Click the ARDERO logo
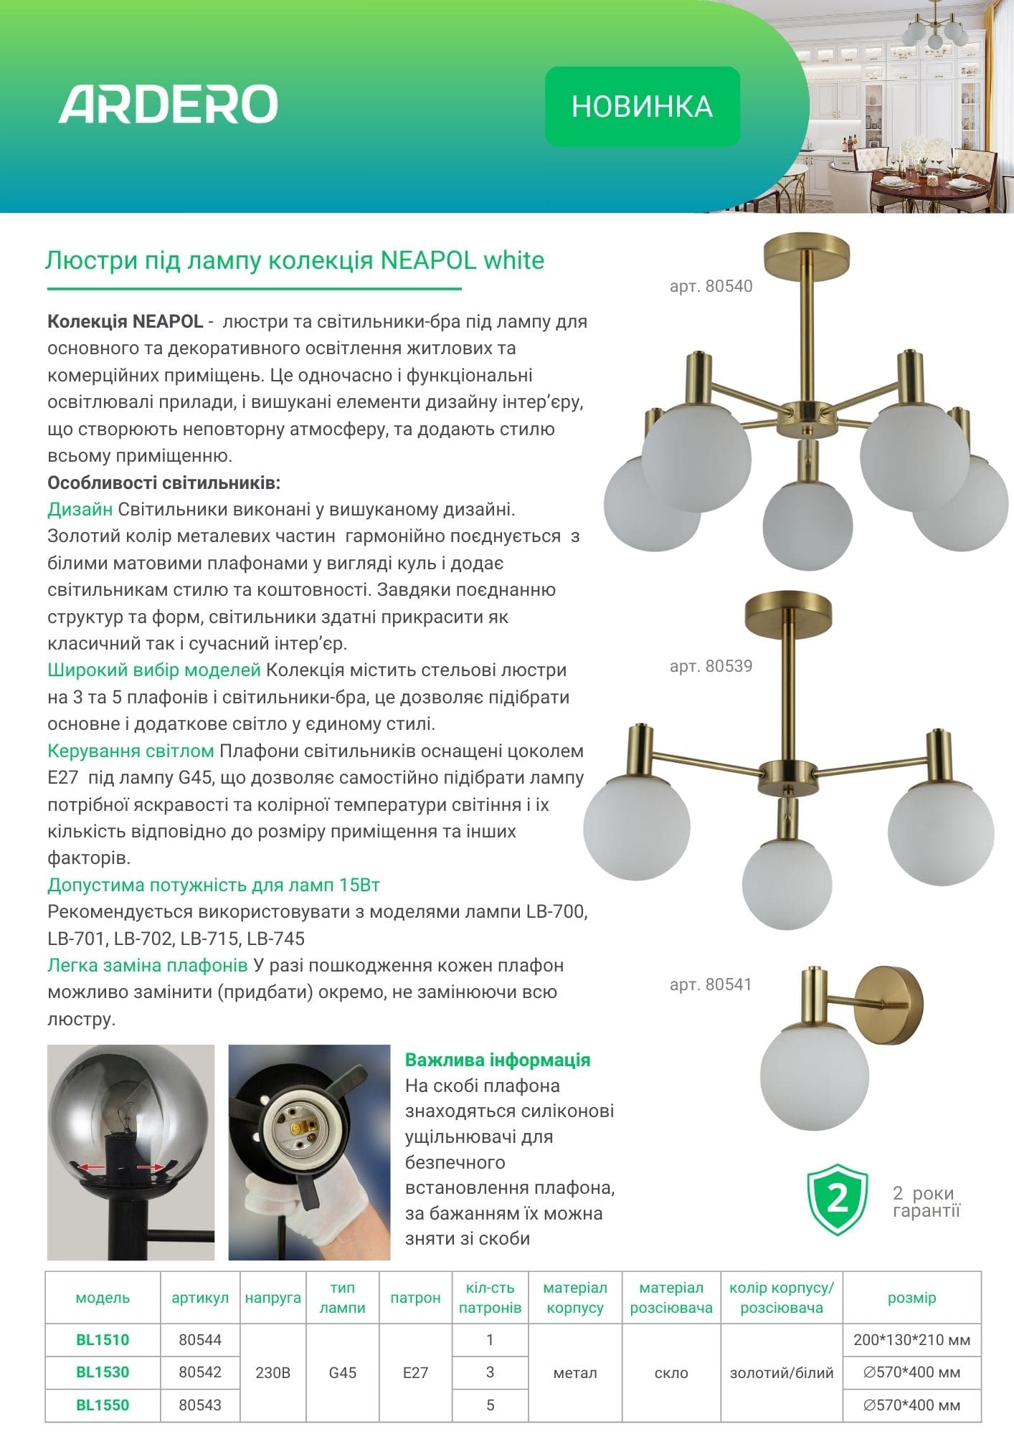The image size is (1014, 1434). (x=168, y=104)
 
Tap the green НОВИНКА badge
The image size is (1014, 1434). (x=642, y=107)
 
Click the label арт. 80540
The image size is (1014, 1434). (x=711, y=287)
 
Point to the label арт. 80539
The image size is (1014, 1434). (x=711, y=666)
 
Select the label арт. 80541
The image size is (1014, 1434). (x=711, y=984)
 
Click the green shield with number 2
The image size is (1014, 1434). (x=837, y=1200)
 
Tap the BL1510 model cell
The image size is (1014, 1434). (x=103, y=1339)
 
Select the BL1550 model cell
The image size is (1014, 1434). (x=103, y=1405)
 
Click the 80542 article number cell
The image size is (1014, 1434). (x=200, y=1372)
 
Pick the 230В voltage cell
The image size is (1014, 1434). (x=273, y=1372)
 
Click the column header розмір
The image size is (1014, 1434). (x=911, y=1298)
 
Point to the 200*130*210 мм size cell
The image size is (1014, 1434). (x=911, y=1339)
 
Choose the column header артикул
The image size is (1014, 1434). (x=200, y=1298)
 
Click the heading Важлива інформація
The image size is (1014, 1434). (x=498, y=1060)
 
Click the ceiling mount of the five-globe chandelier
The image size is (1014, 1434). (x=807, y=252)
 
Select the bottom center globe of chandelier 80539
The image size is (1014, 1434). (x=787, y=885)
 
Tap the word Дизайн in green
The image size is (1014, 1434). (x=80, y=509)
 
